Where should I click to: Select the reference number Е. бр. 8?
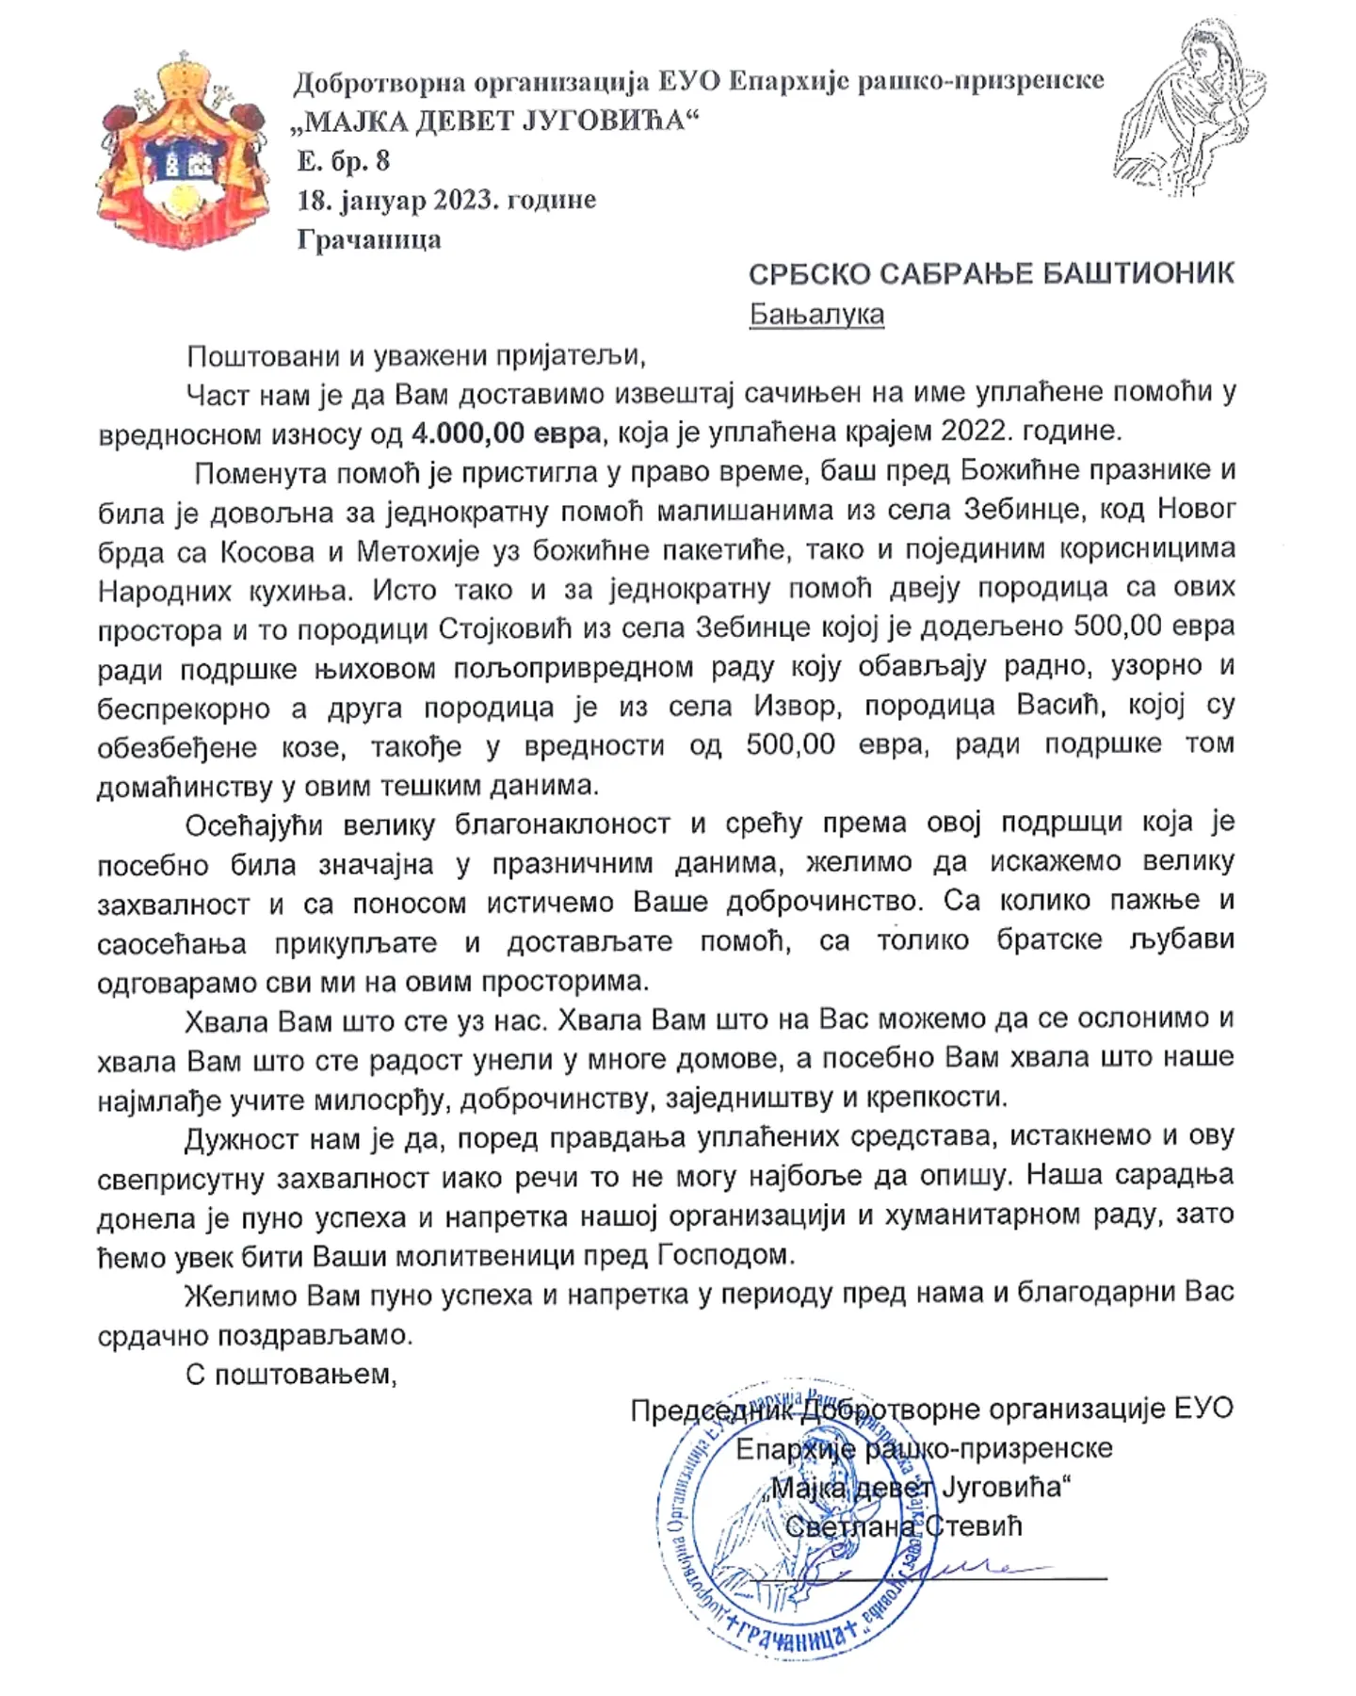pyautogui.click(x=343, y=161)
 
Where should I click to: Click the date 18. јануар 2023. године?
pyautogui.click(x=446, y=200)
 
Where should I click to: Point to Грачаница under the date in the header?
pyautogui.click(x=368, y=239)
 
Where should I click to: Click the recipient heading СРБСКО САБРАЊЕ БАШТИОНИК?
pyautogui.click(x=991, y=274)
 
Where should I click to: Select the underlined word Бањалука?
pyautogui.click(x=816, y=314)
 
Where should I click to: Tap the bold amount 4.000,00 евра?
pyautogui.click(x=506, y=432)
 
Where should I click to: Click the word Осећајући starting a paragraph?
pyautogui.click(x=254, y=825)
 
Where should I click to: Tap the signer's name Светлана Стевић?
pyautogui.click(x=903, y=1526)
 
